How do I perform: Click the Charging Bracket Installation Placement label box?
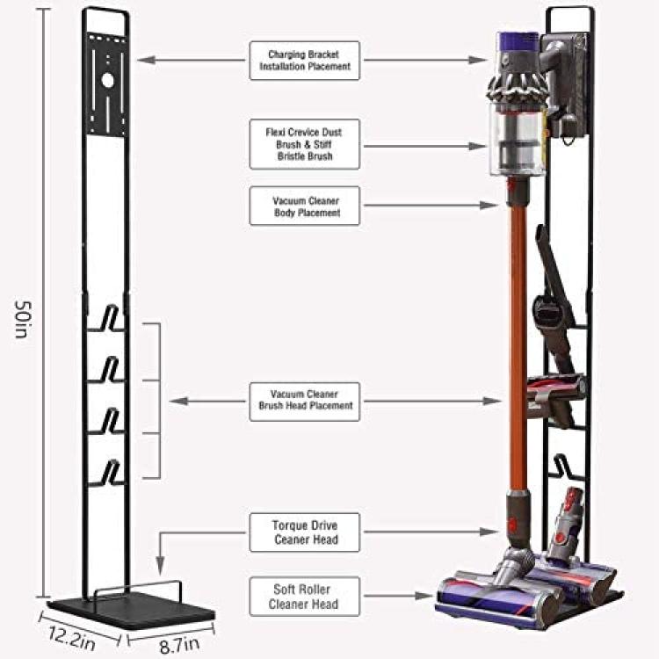click(305, 61)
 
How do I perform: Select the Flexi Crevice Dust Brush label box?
click(305, 144)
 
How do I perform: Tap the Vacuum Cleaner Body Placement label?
click(305, 206)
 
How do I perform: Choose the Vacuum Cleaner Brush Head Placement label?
click(305, 402)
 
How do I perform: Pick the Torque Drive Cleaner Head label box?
click(305, 532)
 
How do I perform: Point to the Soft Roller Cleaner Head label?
click(305, 597)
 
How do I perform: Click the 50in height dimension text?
click(22, 319)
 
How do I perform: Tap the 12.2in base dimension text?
click(71, 638)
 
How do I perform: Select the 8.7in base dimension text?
click(179, 645)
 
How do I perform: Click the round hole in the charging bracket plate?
click(107, 80)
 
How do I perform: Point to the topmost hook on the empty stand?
click(108, 318)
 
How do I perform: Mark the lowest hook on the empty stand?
click(108, 474)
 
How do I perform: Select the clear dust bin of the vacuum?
click(518, 139)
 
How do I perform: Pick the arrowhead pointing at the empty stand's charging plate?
click(146, 60)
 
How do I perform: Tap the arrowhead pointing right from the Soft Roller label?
click(424, 596)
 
